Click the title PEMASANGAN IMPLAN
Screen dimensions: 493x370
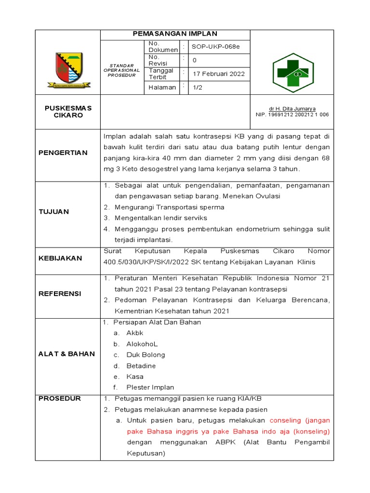tap(175, 34)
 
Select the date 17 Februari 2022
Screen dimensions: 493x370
tap(219, 74)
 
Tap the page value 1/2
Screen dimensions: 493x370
tap(198, 87)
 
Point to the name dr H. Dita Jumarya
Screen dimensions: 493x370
tap(292, 109)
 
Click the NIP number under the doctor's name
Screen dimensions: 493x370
tap(292, 115)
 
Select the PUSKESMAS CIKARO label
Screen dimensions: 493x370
tap(68, 112)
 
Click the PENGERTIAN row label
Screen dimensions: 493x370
tap(63, 153)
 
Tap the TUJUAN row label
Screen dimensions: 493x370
tap(54, 211)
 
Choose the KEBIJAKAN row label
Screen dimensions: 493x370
tap(60, 258)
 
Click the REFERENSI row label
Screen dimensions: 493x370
tap(60, 294)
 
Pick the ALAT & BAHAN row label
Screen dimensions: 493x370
tap(66, 354)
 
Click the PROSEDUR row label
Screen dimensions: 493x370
tap(60, 398)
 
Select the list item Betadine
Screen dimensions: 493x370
tap(141, 366)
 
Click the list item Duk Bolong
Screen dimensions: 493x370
tap(145, 355)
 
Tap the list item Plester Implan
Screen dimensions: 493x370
tap(150, 388)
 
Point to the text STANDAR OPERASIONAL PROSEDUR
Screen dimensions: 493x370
tap(121, 70)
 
